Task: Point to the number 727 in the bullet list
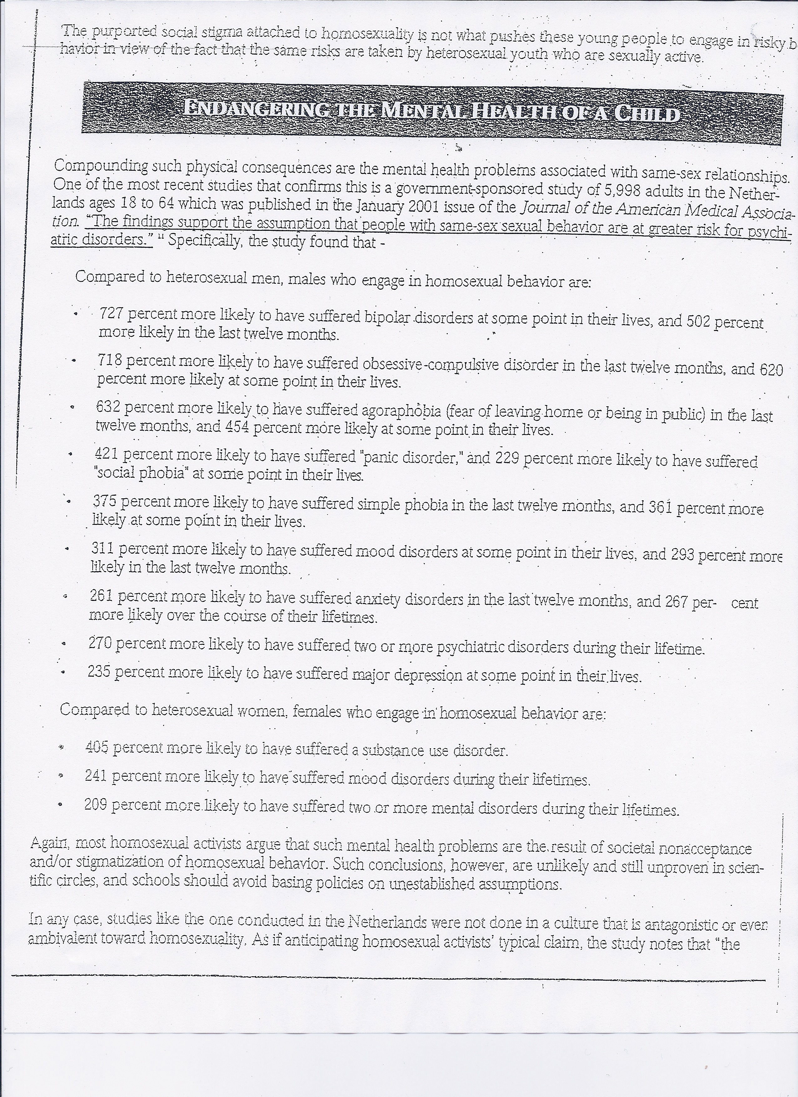coord(112,314)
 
